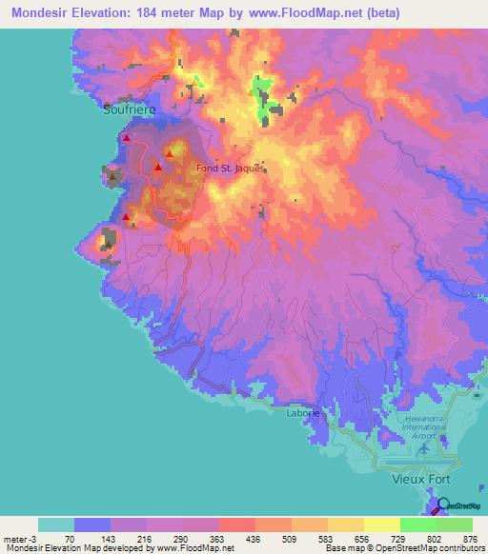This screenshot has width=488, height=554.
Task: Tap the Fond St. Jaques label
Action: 230,169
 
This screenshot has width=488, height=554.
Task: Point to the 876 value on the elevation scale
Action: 470,538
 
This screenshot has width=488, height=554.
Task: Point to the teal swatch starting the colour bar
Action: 55,524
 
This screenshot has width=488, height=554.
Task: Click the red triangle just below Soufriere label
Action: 125,138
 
